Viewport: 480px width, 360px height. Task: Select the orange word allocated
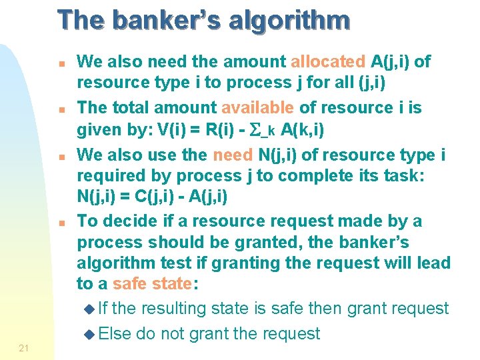(x=328, y=62)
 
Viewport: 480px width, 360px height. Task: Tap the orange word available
(x=257, y=107)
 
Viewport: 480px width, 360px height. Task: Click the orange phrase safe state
(x=152, y=283)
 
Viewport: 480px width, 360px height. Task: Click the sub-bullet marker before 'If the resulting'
(x=92, y=309)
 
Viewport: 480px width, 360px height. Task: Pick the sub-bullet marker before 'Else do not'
(x=92, y=334)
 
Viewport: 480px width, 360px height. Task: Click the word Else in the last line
(x=116, y=333)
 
